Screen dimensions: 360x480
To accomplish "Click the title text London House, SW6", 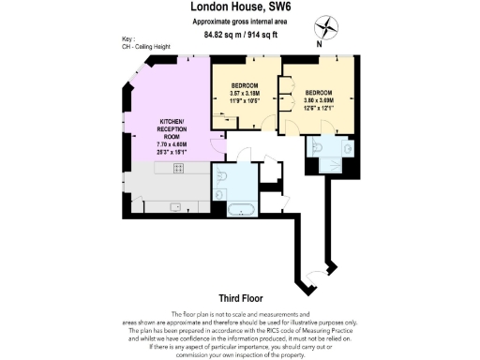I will pyautogui.click(x=239, y=7).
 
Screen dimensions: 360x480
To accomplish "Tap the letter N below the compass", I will pyautogui.click(x=320, y=42).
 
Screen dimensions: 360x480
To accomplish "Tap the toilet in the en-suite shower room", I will pyautogui.click(x=316, y=146).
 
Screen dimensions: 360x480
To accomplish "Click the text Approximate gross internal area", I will pyautogui.click(x=239, y=21).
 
